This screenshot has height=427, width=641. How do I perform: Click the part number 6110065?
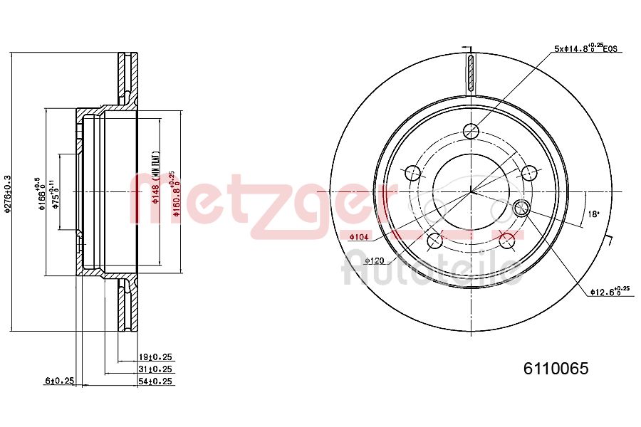(556, 368)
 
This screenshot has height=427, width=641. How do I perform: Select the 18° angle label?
(593, 213)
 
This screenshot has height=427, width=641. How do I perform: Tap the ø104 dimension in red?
(359, 236)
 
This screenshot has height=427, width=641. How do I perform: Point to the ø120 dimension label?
(375, 260)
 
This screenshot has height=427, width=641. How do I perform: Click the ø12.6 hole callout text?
(610, 290)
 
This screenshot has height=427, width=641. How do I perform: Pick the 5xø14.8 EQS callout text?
(585, 48)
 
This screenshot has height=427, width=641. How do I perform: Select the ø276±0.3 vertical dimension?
(8, 192)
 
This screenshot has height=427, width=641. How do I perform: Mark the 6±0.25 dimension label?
(60, 381)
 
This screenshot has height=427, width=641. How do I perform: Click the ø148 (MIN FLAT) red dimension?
(155, 178)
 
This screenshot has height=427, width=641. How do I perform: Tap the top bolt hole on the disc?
(470, 131)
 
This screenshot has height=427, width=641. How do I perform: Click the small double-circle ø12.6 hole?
(521, 208)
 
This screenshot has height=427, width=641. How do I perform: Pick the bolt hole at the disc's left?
(412, 173)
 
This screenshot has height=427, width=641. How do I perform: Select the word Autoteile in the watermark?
(432, 269)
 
